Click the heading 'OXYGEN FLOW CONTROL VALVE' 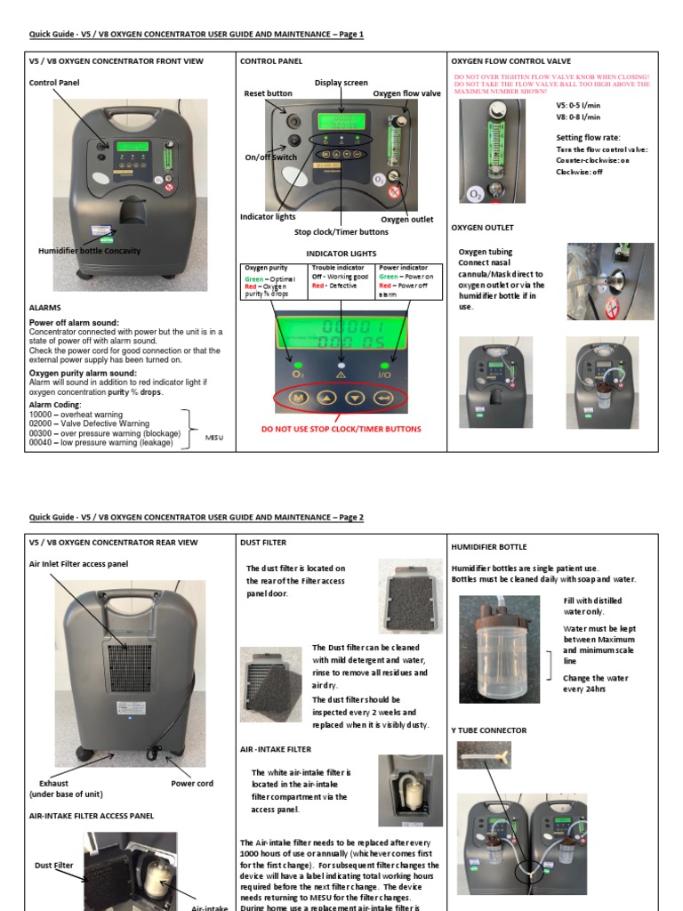click(x=510, y=61)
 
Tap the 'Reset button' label click(x=268, y=93)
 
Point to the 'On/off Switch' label click(x=271, y=157)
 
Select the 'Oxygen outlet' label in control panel click(x=407, y=220)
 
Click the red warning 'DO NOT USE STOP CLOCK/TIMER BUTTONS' click(x=341, y=429)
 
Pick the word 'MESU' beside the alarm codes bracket click(x=214, y=437)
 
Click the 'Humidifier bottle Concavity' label click(x=89, y=251)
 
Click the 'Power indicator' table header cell click(x=403, y=267)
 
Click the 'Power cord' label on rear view click(x=192, y=784)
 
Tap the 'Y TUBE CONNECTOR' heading click(x=489, y=730)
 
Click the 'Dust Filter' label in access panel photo click(x=53, y=865)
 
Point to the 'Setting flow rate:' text click(x=589, y=138)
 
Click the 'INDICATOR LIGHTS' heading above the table click(x=341, y=254)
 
